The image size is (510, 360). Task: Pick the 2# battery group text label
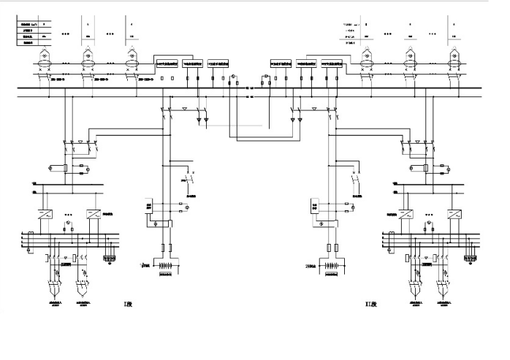pos(313,266)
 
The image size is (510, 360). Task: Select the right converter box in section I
pos(93,215)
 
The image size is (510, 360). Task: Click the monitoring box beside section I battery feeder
pos(148,205)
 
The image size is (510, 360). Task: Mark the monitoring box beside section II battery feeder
pos(316,205)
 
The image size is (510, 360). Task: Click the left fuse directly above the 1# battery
pos(162,248)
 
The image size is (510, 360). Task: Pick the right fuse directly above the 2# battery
pos(338,248)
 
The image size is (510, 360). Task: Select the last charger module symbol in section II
pos(454,57)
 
